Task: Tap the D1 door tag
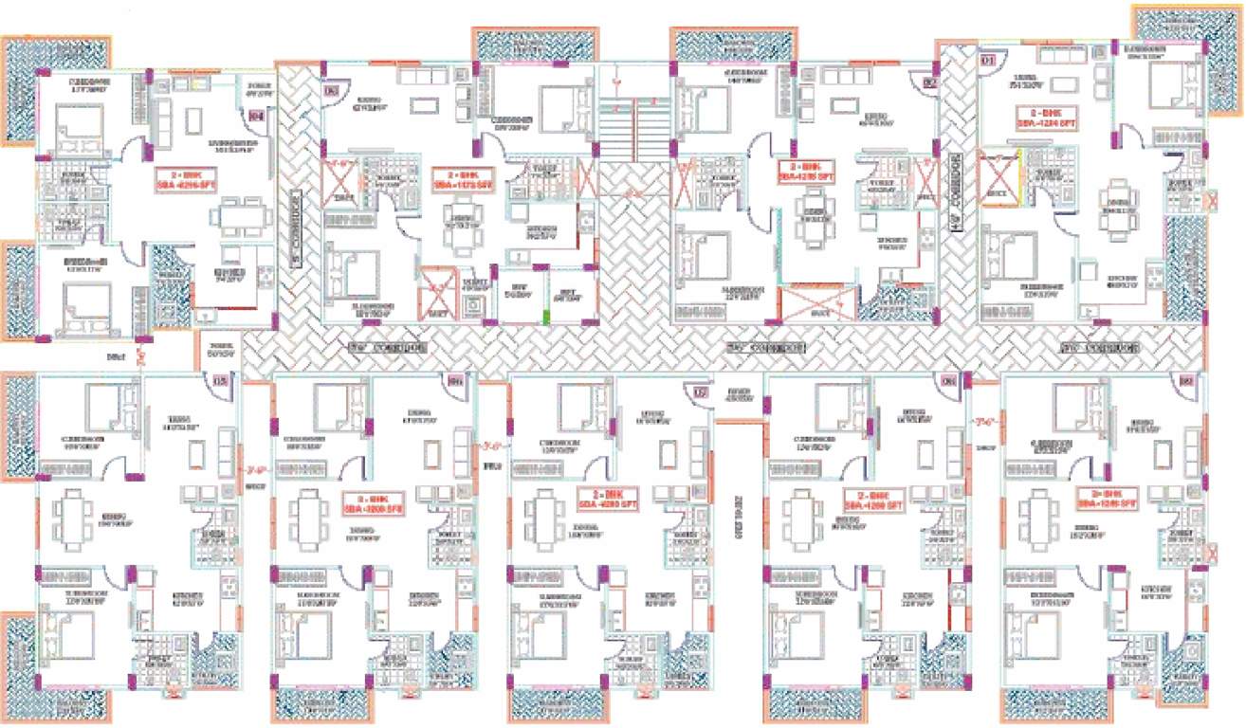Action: tap(987, 61)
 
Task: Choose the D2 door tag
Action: tap(928, 82)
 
